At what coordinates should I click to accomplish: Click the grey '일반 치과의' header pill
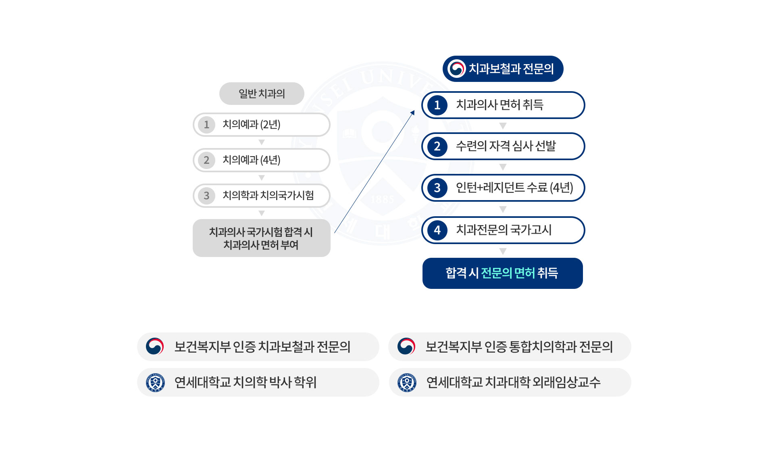pos(262,94)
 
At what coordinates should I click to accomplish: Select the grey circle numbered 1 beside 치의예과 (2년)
pos(206,125)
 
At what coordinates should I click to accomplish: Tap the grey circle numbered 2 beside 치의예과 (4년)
pos(206,160)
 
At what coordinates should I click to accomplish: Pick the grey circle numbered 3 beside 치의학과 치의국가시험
pos(206,196)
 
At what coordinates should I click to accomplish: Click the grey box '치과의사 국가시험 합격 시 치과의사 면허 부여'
pos(261,238)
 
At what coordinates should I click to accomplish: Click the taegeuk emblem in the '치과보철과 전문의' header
pos(456,69)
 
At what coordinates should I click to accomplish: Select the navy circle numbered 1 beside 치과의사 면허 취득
pos(437,105)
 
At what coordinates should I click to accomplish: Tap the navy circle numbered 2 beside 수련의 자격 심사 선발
pos(437,146)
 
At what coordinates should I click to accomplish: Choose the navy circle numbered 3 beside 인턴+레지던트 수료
pos(437,188)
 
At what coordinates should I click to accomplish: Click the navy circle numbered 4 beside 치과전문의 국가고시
pos(437,230)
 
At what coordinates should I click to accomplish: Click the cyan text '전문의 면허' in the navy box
pos(508,273)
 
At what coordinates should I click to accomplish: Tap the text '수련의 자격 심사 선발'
pos(506,146)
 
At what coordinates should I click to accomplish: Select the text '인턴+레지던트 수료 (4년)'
pos(514,188)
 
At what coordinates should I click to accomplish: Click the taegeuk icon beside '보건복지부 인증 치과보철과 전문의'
pos(155,346)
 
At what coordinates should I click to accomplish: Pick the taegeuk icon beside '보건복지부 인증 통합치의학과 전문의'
pos(406,346)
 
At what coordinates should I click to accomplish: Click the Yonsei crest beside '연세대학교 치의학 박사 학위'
pos(155,382)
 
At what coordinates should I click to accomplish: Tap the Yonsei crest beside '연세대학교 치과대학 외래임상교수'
pos(407,382)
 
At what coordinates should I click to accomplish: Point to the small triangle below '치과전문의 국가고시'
pos(503,251)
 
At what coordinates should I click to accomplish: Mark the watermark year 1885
pos(382,199)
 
